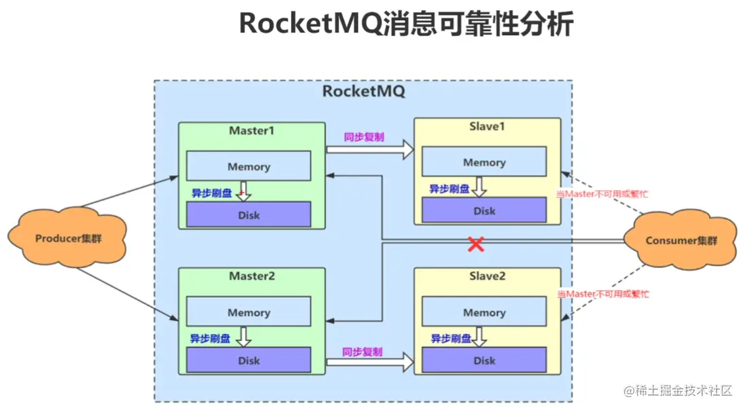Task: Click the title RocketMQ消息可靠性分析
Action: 406,24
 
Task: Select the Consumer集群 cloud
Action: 680,240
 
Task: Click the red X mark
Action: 476,244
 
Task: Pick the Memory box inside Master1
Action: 249,166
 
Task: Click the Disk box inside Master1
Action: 249,215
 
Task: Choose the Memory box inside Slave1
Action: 484,162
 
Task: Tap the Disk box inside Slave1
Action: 484,211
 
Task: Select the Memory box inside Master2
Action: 249,312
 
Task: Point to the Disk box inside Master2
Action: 249,360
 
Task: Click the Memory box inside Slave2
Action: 484,312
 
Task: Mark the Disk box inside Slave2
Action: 484,360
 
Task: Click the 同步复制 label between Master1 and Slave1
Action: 364,137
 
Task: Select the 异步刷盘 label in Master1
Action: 211,193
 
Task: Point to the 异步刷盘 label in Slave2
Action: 451,338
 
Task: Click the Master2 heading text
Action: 251,277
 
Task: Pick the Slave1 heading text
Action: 487,127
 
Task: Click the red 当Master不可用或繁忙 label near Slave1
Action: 602,193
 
